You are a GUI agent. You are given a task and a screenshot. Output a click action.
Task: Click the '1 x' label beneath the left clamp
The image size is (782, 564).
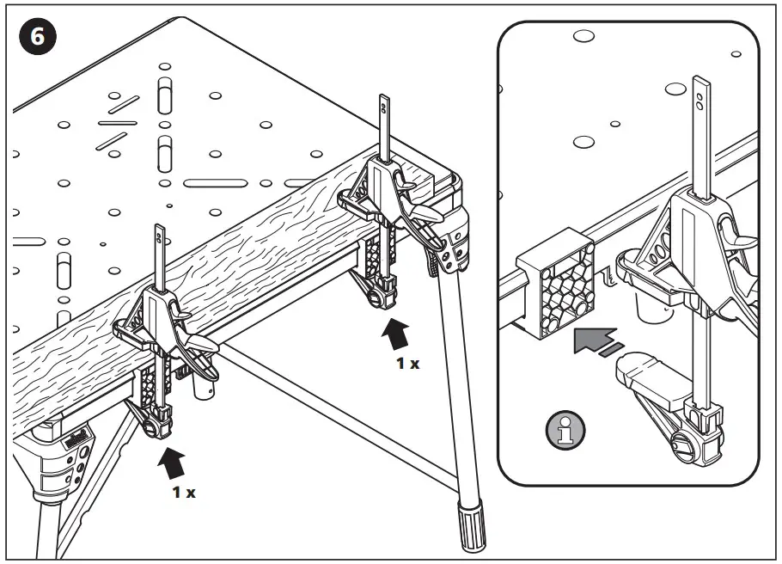pos(183,493)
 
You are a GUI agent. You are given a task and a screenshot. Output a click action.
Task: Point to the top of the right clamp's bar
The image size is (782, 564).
pos(383,106)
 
